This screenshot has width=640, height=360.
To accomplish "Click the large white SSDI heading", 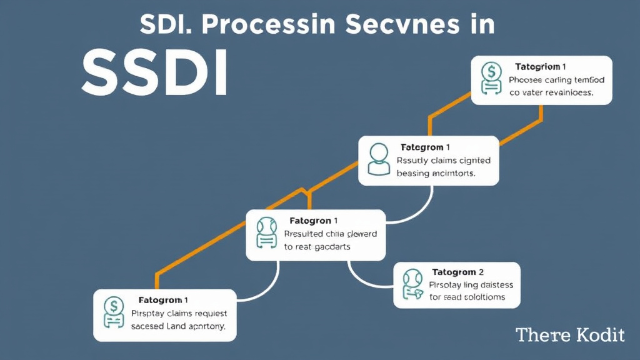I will click(x=154, y=74).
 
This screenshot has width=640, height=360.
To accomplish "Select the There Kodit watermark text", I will click(x=569, y=335).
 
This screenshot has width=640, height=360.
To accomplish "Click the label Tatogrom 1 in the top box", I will click(x=541, y=66).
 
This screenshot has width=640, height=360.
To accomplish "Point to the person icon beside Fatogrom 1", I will click(x=378, y=159).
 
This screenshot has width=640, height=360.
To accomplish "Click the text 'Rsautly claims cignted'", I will click(x=444, y=161).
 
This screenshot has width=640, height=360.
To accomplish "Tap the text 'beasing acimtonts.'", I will click(x=436, y=174).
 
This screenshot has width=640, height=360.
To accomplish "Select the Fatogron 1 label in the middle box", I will click(x=314, y=221).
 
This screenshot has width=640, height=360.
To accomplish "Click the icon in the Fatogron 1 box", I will click(x=266, y=234).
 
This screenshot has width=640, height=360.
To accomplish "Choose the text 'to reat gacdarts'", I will click(x=317, y=247).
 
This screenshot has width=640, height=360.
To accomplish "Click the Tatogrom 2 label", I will click(x=457, y=272).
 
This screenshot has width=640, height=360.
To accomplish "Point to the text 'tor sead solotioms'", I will click(x=467, y=297).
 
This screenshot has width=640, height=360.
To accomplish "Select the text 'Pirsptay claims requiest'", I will click(x=179, y=313).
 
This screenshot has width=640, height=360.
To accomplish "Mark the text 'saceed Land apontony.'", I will click(x=178, y=326).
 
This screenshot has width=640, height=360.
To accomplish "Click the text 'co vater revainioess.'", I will click(x=551, y=92).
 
